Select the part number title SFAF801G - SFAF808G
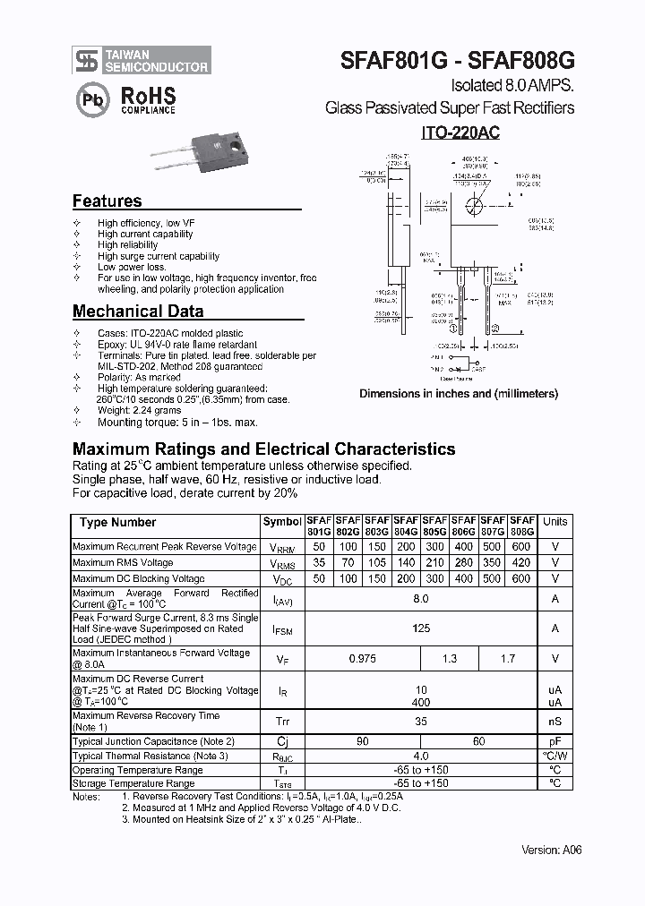point(457,60)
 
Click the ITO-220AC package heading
point(460,132)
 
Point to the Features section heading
point(107,201)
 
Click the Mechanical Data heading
point(137,312)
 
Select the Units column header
point(555,522)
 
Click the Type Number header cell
point(117,522)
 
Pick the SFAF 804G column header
point(406,526)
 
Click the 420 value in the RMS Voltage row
point(521,563)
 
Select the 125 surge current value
point(421,628)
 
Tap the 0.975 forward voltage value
point(362,659)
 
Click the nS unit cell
point(555,722)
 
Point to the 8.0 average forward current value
point(421,598)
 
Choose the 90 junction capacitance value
point(362,741)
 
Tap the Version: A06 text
point(551,850)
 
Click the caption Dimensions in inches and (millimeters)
point(459,393)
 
